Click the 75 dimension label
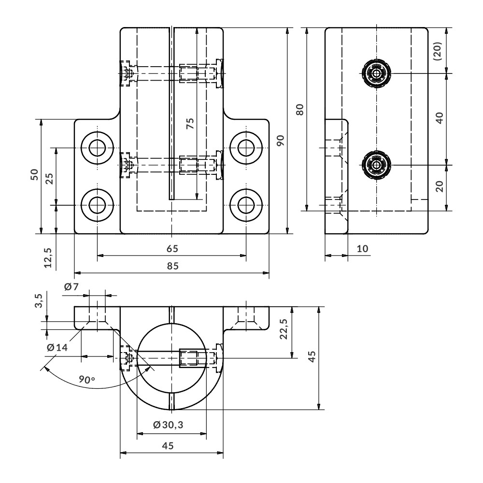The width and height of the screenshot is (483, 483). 191,123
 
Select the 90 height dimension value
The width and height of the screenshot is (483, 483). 280,141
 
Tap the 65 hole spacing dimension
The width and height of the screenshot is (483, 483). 172,249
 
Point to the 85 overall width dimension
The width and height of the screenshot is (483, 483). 172,266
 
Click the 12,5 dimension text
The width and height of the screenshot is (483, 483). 48,257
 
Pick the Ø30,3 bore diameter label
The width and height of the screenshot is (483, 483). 168,425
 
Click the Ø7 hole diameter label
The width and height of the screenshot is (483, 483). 71,287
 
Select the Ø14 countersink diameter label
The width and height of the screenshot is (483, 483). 57,347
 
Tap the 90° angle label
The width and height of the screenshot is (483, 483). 86,379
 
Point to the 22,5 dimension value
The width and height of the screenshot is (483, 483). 284,329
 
